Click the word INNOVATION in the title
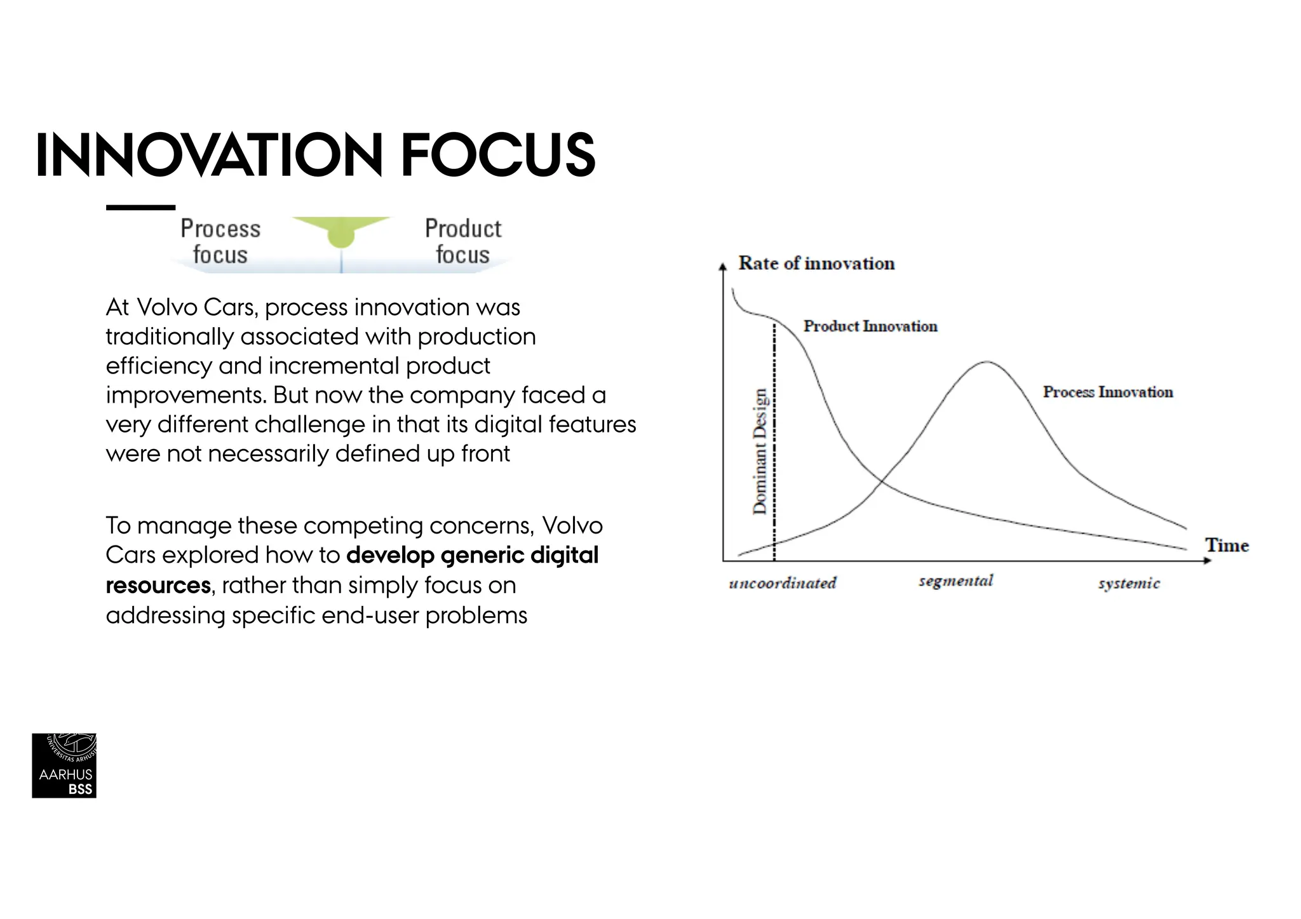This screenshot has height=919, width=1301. [x=209, y=155]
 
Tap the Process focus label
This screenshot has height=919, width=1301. [x=220, y=241]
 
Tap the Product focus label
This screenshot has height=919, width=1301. [x=463, y=241]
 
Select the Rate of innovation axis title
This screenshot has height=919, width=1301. [x=816, y=264]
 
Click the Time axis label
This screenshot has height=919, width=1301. [x=1227, y=546]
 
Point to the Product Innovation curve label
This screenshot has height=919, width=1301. [x=870, y=326]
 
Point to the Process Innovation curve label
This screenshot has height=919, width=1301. [x=1108, y=392]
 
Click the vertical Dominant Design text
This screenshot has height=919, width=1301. [x=760, y=451]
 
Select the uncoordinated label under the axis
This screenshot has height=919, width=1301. [x=783, y=583]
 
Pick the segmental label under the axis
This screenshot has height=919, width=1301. [x=955, y=581]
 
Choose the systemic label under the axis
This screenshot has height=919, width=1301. [x=1129, y=584]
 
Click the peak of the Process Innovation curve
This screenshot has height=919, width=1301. [x=987, y=362]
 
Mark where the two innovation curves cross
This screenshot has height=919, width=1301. [x=882, y=482]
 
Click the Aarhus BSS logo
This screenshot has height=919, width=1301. [x=64, y=765]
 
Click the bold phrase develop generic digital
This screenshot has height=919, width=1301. [x=472, y=555]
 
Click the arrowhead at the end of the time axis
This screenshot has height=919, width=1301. [x=1208, y=560]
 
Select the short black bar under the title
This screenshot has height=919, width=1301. [x=140, y=208]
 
